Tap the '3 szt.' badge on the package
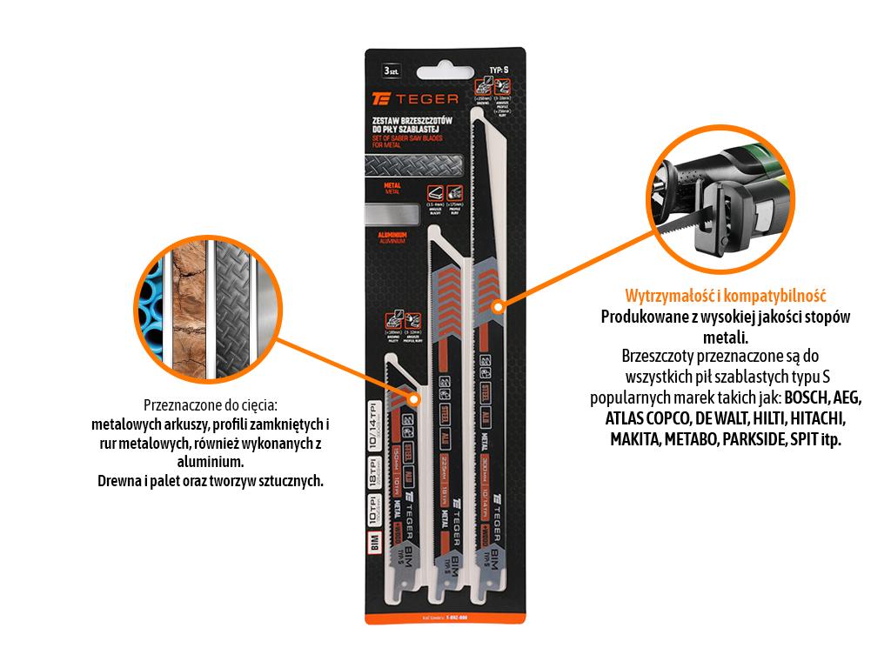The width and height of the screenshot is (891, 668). coord(392,70)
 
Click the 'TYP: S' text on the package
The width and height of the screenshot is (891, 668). coord(499,67)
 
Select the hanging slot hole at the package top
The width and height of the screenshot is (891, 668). coord(445,58)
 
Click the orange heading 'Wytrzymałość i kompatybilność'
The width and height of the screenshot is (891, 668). coord(725,296)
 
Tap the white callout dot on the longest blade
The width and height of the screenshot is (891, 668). coord(499,306)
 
